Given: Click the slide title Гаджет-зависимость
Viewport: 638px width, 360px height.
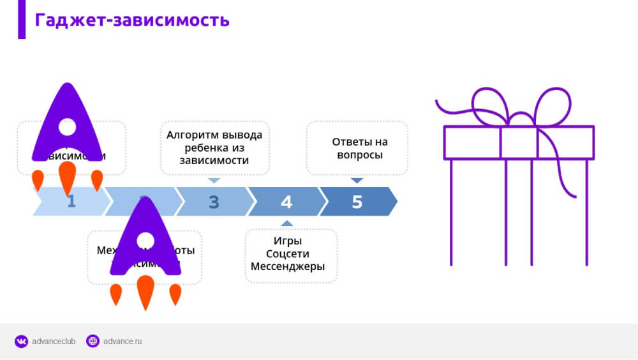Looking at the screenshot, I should pyautogui.click(x=132, y=20).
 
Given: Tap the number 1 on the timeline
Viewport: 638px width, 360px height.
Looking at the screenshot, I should pyautogui.click(x=71, y=202).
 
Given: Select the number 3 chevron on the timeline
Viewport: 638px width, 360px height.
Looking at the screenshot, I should pyautogui.click(x=214, y=202).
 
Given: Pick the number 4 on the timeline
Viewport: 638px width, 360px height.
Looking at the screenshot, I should pyautogui.click(x=286, y=202).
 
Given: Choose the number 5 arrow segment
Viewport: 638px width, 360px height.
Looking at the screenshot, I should pyautogui.click(x=357, y=202).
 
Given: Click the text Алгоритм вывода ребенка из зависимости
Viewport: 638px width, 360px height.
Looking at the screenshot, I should pyautogui.click(x=214, y=147).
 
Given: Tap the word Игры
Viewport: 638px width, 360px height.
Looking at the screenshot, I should pyautogui.click(x=288, y=241).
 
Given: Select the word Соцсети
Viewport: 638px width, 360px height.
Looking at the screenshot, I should pyautogui.click(x=288, y=254).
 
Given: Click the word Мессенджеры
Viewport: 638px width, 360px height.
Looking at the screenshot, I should pyautogui.click(x=288, y=267).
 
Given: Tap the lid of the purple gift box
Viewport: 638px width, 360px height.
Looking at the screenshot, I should pyautogui.click(x=519, y=142).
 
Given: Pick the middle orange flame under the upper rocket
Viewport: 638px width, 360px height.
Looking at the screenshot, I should pyautogui.click(x=67, y=178).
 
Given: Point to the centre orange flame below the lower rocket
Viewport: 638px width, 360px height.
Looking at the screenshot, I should pyautogui.click(x=145, y=292).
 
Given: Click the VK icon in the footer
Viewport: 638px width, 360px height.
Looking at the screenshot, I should pyautogui.click(x=22, y=341).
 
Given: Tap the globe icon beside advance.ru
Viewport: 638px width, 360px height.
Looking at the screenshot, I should pyautogui.click(x=93, y=341).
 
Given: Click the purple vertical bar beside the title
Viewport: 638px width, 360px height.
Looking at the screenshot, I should pyautogui.click(x=22, y=19).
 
